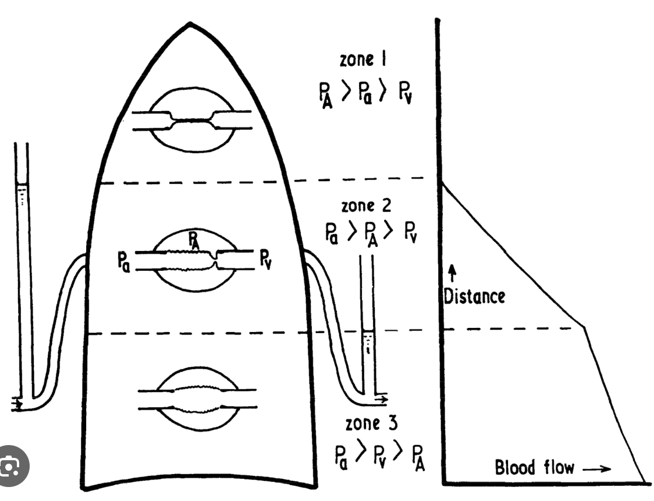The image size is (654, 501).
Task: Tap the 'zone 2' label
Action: tap(367, 206)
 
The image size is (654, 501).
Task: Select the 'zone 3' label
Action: tap(371, 424)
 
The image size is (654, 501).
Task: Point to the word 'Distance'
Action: tap(474, 296)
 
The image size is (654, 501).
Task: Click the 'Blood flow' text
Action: tap(534, 468)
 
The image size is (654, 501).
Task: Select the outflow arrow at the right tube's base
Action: tap(381, 400)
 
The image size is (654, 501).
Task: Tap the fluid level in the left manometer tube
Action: tap(22, 186)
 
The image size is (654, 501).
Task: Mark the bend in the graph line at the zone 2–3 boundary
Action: tap(584, 329)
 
